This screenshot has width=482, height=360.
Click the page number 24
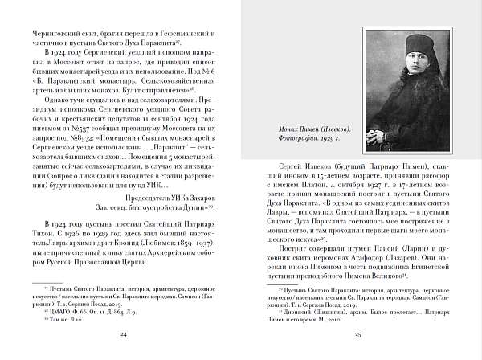[122, 333]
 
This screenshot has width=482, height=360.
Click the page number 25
[358, 333]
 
